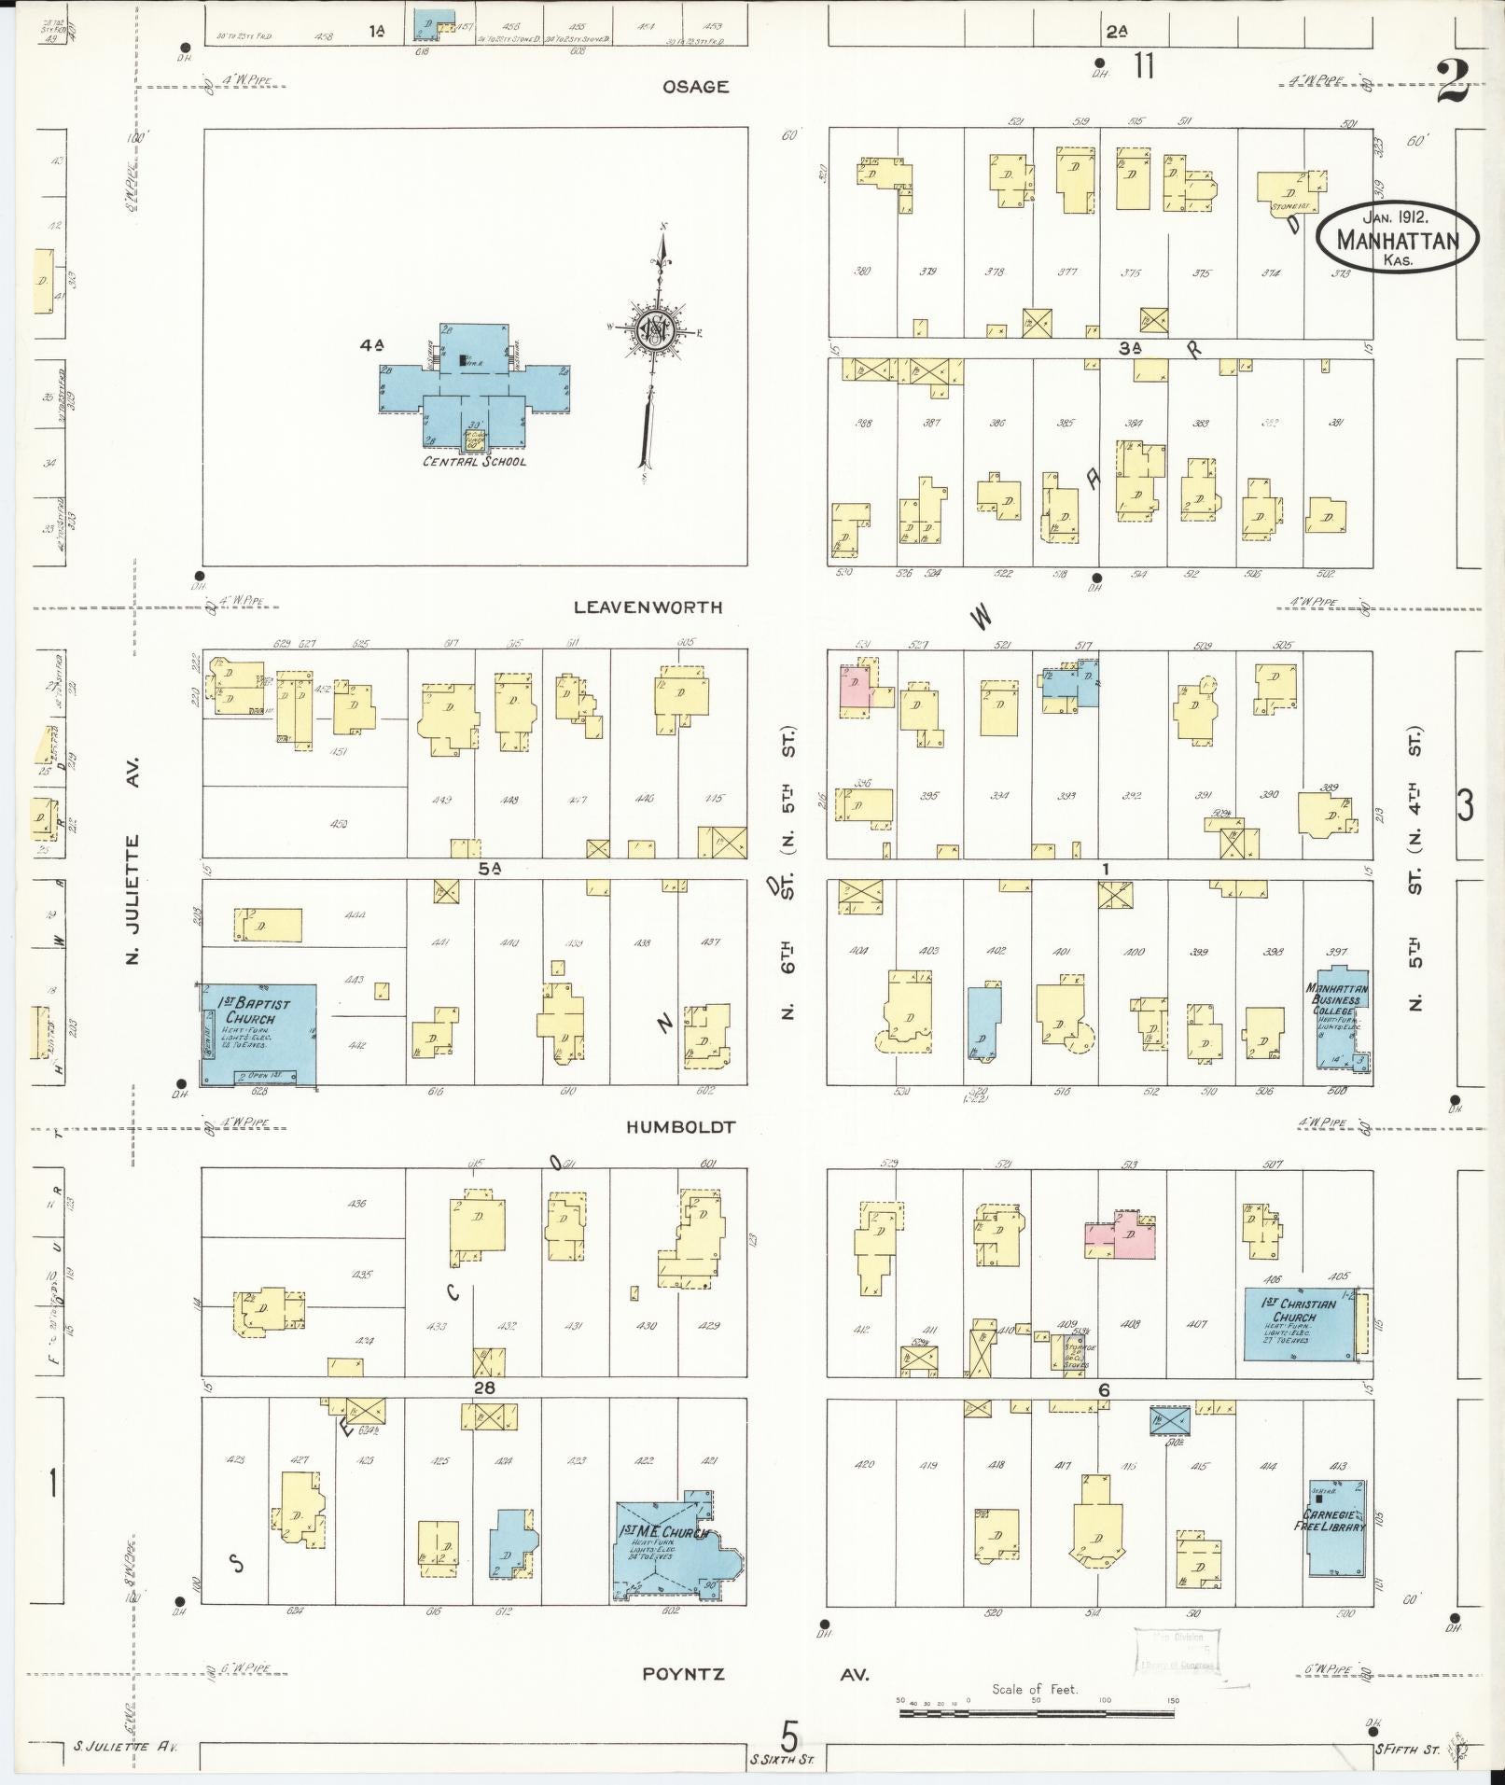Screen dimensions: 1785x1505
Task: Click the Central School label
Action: (x=474, y=462)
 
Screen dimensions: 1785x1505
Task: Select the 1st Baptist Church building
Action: (x=259, y=1034)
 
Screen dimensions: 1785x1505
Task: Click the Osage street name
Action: (x=695, y=87)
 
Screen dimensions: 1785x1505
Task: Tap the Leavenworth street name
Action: (x=648, y=607)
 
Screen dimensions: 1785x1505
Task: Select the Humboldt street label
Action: (x=681, y=1127)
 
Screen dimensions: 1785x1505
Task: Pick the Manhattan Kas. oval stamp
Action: (x=1397, y=239)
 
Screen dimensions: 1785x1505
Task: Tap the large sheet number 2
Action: (x=1453, y=83)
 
